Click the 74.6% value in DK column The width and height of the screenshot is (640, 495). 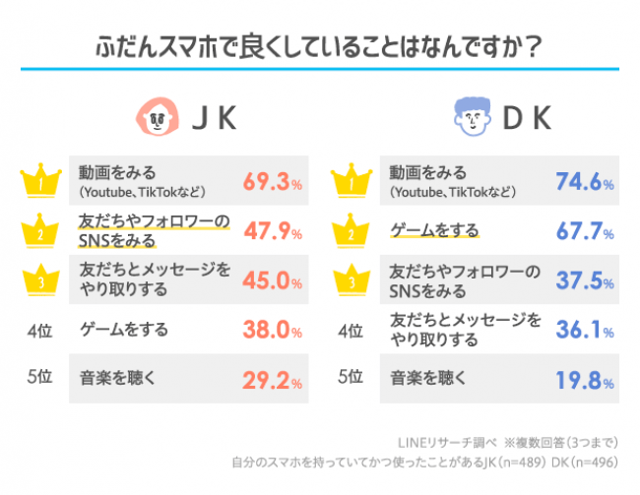(584, 183)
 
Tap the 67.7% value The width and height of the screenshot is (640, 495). (584, 233)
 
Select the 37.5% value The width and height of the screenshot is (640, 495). (584, 281)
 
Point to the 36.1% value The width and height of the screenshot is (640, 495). (584, 332)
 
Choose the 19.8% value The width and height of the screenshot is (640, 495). (584, 380)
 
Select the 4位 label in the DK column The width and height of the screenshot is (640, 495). (352, 331)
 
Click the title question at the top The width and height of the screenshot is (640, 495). (320, 48)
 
